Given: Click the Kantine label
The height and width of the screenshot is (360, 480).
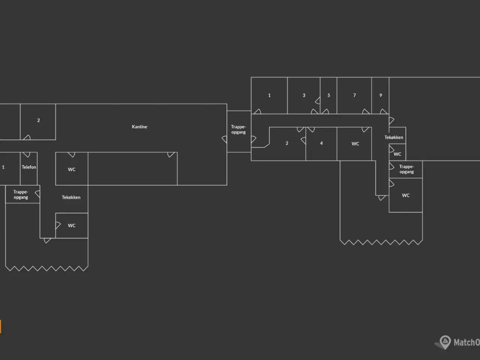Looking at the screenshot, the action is (x=139, y=127).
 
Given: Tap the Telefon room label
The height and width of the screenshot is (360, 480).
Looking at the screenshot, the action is (x=29, y=167).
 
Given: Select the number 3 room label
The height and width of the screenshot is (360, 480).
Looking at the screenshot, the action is (x=304, y=95).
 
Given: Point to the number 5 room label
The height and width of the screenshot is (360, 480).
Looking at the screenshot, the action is (x=328, y=95).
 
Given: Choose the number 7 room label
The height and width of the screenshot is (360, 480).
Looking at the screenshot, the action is (x=354, y=95).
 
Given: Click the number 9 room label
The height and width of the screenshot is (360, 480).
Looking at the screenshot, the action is (x=381, y=95).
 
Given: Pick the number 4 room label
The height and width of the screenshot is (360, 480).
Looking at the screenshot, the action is (x=321, y=143).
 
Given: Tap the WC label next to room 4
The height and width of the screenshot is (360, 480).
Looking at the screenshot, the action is (x=355, y=144).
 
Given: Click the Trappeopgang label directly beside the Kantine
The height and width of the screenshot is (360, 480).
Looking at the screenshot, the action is (x=238, y=129).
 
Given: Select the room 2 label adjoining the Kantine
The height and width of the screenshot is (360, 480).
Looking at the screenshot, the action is (x=39, y=120).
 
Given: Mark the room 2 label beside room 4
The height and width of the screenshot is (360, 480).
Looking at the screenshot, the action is (x=287, y=143).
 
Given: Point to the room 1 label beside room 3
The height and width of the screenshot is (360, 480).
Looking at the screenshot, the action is (x=269, y=95).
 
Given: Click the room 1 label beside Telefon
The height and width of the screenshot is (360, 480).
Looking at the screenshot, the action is (x=3, y=167).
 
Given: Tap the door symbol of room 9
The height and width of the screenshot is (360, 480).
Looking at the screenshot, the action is (x=384, y=112).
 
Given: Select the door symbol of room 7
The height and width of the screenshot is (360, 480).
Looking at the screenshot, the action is (x=366, y=112).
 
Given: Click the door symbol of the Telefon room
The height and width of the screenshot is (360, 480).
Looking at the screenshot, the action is (x=27, y=155).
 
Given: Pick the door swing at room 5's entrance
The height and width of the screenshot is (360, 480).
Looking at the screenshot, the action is (x=325, y=112).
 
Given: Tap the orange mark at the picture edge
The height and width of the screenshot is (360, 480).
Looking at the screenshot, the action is (x=0, y=327).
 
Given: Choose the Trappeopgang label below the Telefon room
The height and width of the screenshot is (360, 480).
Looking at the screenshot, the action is (x=21, y=195).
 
